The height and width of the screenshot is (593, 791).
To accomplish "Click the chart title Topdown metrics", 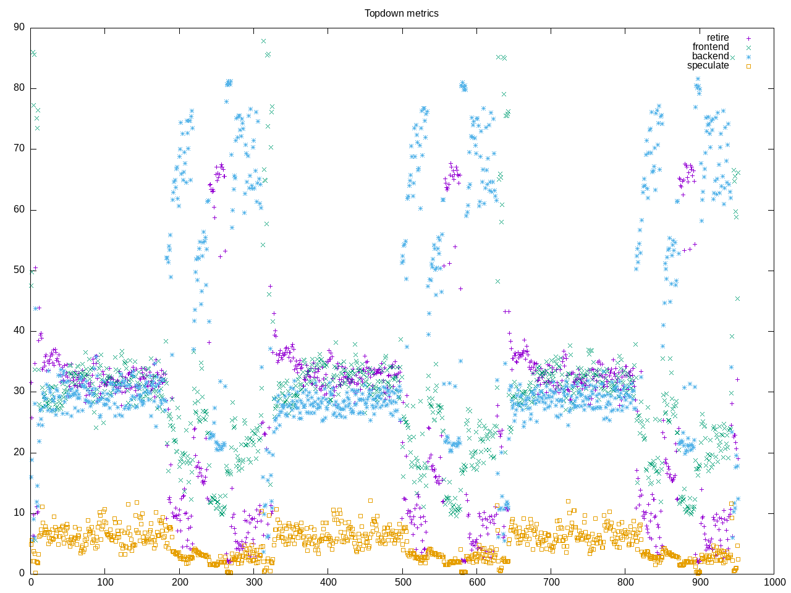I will [x=401, y=13].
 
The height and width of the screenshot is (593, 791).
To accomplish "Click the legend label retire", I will [x=717, y=38].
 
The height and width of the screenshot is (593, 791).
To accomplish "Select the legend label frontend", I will [x=710, y=47].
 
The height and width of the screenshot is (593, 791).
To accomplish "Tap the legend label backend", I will [x=710, y=56].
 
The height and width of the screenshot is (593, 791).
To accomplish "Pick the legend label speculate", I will [x=708, y=65].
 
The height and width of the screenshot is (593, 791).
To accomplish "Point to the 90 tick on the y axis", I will [x=19, y=27].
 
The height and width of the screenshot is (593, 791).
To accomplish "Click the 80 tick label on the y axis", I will [x=19, y=88].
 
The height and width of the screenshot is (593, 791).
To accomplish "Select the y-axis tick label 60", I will [x=19, y=209].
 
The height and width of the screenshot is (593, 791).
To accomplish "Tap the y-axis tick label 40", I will [x=19, y=331].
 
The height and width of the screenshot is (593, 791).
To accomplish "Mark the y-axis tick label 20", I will [x=19, y=452].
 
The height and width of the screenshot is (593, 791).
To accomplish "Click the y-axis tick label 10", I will [x=19, y=513].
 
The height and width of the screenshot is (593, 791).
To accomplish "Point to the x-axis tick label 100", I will [x=105, y=582].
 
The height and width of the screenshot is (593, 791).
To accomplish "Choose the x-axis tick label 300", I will [x=254, y=582].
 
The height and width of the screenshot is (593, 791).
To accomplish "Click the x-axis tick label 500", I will [x=402, y=582].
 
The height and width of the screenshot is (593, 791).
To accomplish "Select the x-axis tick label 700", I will [x=551, y=582].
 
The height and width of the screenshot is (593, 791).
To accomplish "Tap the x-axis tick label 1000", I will [x=774, y=582].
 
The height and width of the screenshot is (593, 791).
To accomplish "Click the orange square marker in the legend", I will [x=748, y=66].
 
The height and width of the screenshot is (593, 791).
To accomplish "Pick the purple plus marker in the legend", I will [x=748, y=38].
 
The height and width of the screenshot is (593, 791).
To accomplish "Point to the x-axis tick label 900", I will [x=700, y=582].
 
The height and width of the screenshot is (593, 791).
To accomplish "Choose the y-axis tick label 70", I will [x=19, y=149].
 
